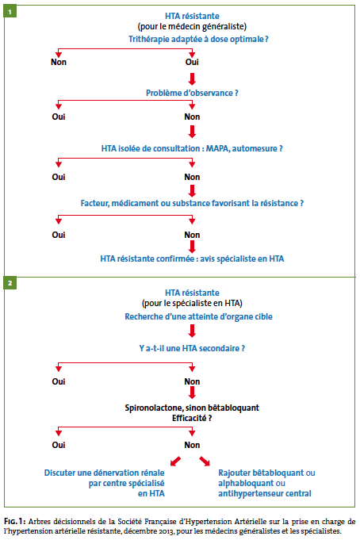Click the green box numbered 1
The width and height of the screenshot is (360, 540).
coord(10,11)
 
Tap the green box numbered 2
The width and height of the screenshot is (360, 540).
coord(10,283)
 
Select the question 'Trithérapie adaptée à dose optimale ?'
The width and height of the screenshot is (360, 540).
coord(198,40)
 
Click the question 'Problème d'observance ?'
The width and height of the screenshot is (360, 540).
coord(192,93)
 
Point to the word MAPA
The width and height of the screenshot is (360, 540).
coord(218,148)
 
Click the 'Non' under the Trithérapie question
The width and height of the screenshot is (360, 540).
coord(59,62)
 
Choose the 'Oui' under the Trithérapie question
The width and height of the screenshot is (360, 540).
coord(192,62)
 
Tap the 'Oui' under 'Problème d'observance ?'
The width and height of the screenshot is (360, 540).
coord(59,117)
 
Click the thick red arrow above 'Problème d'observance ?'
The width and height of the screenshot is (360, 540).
coord(192,79)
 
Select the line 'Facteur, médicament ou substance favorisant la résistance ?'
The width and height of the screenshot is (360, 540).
coord(192,203)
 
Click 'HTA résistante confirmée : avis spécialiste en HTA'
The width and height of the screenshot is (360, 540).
coord(192,259)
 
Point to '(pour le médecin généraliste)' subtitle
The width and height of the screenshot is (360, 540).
coord(192,26)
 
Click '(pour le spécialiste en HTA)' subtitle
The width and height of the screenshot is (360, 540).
coord(192,303)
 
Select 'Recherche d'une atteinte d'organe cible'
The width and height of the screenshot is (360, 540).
coord(198,316)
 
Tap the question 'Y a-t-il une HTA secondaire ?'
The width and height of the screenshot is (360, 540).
coord(192,348)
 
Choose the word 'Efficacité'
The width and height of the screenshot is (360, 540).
coord(190,418)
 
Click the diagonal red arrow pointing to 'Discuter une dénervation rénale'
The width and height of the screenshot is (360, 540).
coord(176,461)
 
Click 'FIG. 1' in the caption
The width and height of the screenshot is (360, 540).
coord(14,521)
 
